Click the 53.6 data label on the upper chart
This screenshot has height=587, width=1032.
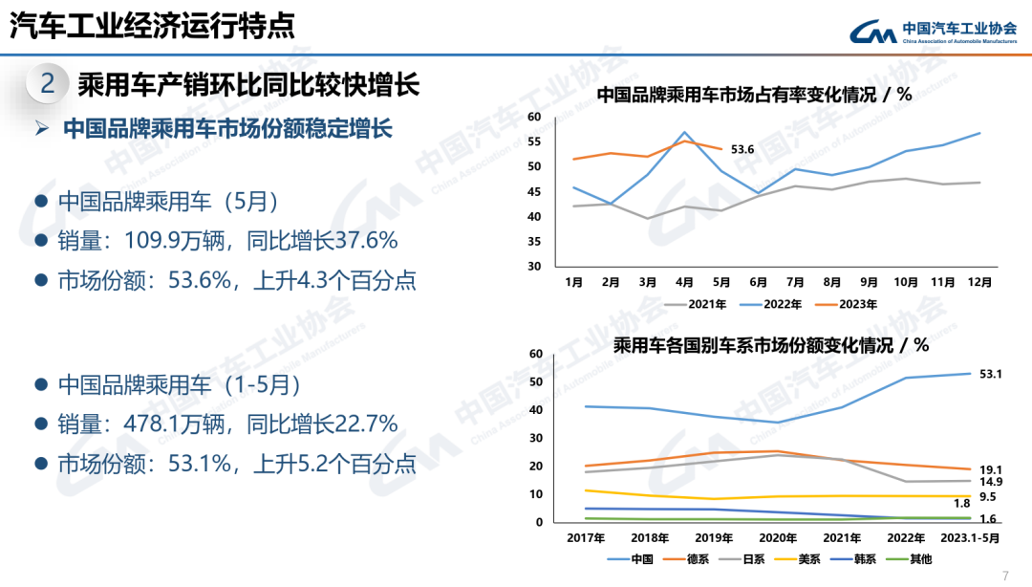pos(742,149)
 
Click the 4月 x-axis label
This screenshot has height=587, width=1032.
pos(684,283)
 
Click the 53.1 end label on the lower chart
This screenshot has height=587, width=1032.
pos(991,374)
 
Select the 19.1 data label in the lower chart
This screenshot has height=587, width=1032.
pos(991,469)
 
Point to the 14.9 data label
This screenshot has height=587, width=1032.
pos(991,482)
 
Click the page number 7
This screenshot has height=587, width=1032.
pos(1005,576)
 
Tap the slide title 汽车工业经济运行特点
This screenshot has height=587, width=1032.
pos(152,27)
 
